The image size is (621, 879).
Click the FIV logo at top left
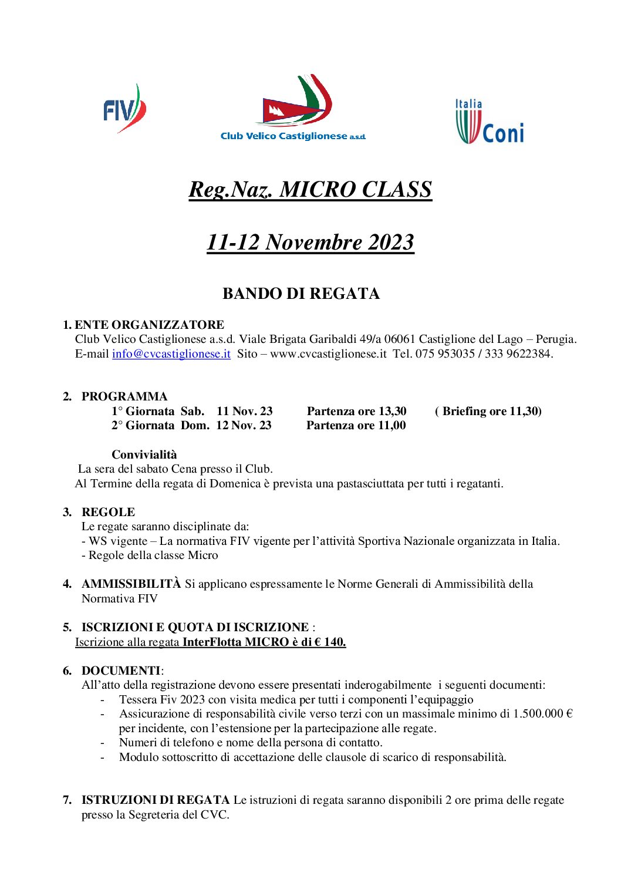coord(124,109)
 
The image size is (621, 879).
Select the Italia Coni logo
coord(490,122)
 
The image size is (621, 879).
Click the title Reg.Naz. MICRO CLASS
coord(310,190)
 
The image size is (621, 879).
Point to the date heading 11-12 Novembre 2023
coord(310,242)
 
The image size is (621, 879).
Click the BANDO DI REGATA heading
coord(301,294)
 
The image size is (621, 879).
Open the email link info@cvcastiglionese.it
coord(171,353)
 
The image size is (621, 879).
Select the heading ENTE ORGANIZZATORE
coord(149,325)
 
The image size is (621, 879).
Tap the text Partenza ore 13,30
coord(356,411)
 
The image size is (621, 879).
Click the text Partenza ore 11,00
coord(356,425)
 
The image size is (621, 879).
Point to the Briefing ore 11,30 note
coord(488,411)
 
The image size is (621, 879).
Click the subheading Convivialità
coord(144,454)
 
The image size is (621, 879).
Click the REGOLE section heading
coord(108,512)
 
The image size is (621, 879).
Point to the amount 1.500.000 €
coord(542,713)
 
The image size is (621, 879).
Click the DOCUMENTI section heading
coord(120,671)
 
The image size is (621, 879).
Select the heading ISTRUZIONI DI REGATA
coord(156,800)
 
